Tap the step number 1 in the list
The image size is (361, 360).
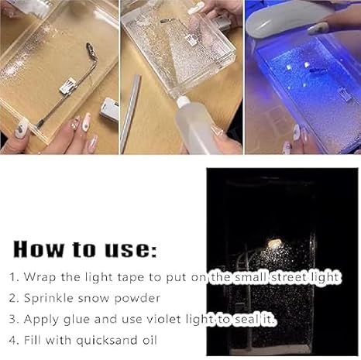tap(14, 276)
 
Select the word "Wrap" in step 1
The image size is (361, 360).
tap(40, 276)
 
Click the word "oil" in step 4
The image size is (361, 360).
tap(153, 339)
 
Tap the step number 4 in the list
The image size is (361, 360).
tap(14, 339)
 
